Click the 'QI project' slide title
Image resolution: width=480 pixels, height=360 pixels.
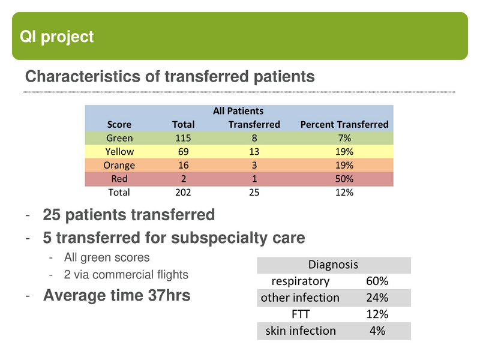click(57, 37)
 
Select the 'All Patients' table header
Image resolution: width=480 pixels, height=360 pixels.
click(238, 111)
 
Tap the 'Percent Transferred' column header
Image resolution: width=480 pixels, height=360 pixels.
click(344, 125)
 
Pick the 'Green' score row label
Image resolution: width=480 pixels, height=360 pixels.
click(119, 139)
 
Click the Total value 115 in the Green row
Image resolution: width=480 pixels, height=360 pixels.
click(183, 139)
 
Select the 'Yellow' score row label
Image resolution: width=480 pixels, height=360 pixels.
click(119, 152)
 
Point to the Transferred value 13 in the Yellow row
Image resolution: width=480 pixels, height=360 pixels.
click(254, 152)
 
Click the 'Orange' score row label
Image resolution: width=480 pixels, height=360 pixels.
click(119, 166)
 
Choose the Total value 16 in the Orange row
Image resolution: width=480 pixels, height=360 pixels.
click(183, 166)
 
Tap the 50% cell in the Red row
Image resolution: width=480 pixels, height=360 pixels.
click(344, 179)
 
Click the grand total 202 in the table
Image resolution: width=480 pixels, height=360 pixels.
click(183, 193)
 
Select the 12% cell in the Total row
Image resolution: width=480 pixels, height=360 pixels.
click(344, 193)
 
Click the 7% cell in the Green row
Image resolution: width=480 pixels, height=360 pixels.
click(344, 139)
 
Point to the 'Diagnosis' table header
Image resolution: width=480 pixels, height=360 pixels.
click(333, 265)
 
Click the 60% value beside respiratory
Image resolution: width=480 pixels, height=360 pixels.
click(377, 281)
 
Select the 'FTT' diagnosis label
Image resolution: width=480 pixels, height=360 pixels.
click(300, 314)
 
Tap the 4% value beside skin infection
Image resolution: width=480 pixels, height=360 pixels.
click(377, 331)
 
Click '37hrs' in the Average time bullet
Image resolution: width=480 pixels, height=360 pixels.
click(168, 295)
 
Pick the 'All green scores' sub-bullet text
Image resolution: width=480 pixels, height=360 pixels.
click(107, 257)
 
